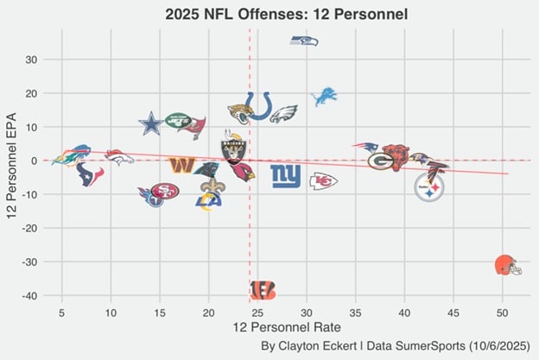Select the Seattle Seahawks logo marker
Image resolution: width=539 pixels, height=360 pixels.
(x=303, y=41)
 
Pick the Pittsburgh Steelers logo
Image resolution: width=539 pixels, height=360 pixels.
(x=429, y=187)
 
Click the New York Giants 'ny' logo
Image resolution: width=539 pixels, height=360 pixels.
(x=286, y=175)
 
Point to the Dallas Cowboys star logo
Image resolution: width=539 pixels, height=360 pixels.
(x=151, y=123)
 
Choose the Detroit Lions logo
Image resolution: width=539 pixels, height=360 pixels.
(x=323, y=96)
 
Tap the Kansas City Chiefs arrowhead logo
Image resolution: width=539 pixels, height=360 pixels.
(x=323, y=180)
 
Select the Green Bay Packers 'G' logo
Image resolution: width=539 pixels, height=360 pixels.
(x=381, y=161)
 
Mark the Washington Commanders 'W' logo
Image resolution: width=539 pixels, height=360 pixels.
(x=181, y=164)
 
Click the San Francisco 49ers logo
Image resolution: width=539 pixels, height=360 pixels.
(x=164, y=191)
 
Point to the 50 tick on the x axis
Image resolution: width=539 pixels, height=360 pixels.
(x=503, y=311)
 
